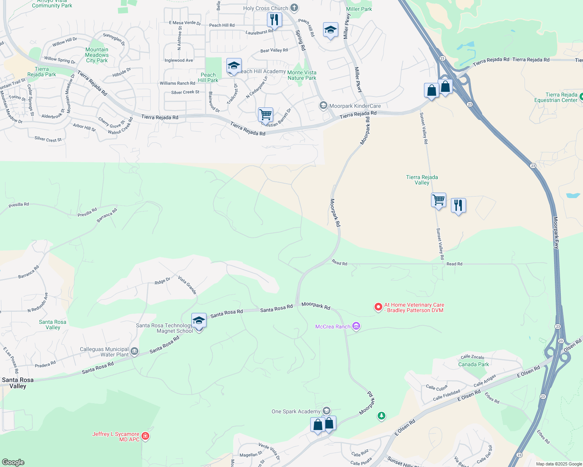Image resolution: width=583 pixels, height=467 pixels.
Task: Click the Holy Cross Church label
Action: pyautogui.click(x=265, y=8)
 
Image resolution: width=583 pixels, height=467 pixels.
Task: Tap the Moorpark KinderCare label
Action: pyautogui.click(x=355, y=106)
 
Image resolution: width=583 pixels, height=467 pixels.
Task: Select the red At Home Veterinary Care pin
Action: pyautogui.click(x=378, y=307)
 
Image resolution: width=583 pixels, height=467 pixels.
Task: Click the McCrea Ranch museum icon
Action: pyautogui.click(x=356, y=326)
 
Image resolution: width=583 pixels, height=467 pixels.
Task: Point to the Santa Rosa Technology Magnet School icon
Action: pyautogui.click(x=199, y=321)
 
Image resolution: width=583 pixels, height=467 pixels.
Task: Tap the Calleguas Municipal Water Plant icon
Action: pyautogui.click(x=134, y=351)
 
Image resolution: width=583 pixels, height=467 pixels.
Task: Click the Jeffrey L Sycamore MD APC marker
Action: pyautogui.click(x=145, y=436)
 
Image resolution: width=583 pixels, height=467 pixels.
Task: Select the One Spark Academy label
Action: pyautogui.click(x=296, y=411)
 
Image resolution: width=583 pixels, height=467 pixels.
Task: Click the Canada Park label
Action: pyautogui.click(x=473, y=364)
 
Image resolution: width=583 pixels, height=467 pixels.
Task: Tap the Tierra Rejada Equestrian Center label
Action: pyautogui.click(x=561, y=97)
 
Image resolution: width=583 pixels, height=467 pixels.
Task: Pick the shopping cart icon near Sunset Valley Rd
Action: pyautogui.click(x=439, y=200)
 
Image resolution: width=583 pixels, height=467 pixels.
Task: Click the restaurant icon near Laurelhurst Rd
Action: pyautogui.click(x=275, y=19)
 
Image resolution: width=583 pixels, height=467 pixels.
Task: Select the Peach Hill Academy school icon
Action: pyautogui.click(x=234, y=66)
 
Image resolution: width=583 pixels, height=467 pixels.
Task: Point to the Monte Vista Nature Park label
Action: pyautogui.click(x=302, y=75)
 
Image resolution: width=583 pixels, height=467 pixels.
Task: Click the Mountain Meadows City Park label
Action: pyautogui.click(x=97, y=55)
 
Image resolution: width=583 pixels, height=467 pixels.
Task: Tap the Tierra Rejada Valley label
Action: pyautogui.click(x=422, y=180)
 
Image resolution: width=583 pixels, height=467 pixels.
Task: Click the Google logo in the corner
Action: pyautogui.click(x=13, y=462)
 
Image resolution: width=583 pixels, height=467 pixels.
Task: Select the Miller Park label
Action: pyautogui.click(x=359, y=9)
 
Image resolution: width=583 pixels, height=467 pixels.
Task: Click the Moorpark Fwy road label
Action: pyautogui.click(x=556, y=232)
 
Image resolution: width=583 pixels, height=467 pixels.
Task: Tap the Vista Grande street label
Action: pyautogui.click(x=187, y=285)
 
